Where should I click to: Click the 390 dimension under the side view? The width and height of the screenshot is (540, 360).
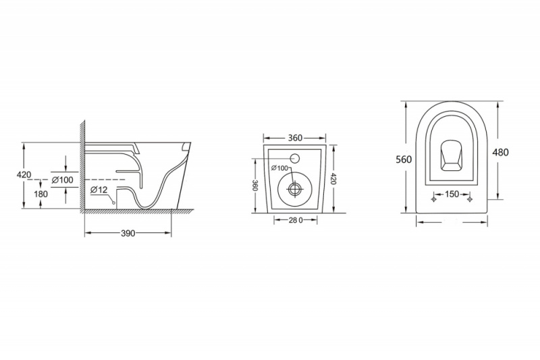click(128, 233)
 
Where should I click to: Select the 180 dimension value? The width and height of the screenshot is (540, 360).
click(40, 195)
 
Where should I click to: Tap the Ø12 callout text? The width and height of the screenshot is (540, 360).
click(99, 190)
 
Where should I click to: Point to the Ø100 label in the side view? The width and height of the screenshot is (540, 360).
click(62, 180)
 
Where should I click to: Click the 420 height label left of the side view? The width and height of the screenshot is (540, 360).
click(24, 175)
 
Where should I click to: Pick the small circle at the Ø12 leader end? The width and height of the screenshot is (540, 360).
click(113, 203)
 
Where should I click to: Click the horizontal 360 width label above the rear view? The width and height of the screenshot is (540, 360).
click(295, 138)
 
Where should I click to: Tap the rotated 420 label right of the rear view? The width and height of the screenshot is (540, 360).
click(332, 179)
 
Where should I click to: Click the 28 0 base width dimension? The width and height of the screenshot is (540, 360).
click(296, 220)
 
